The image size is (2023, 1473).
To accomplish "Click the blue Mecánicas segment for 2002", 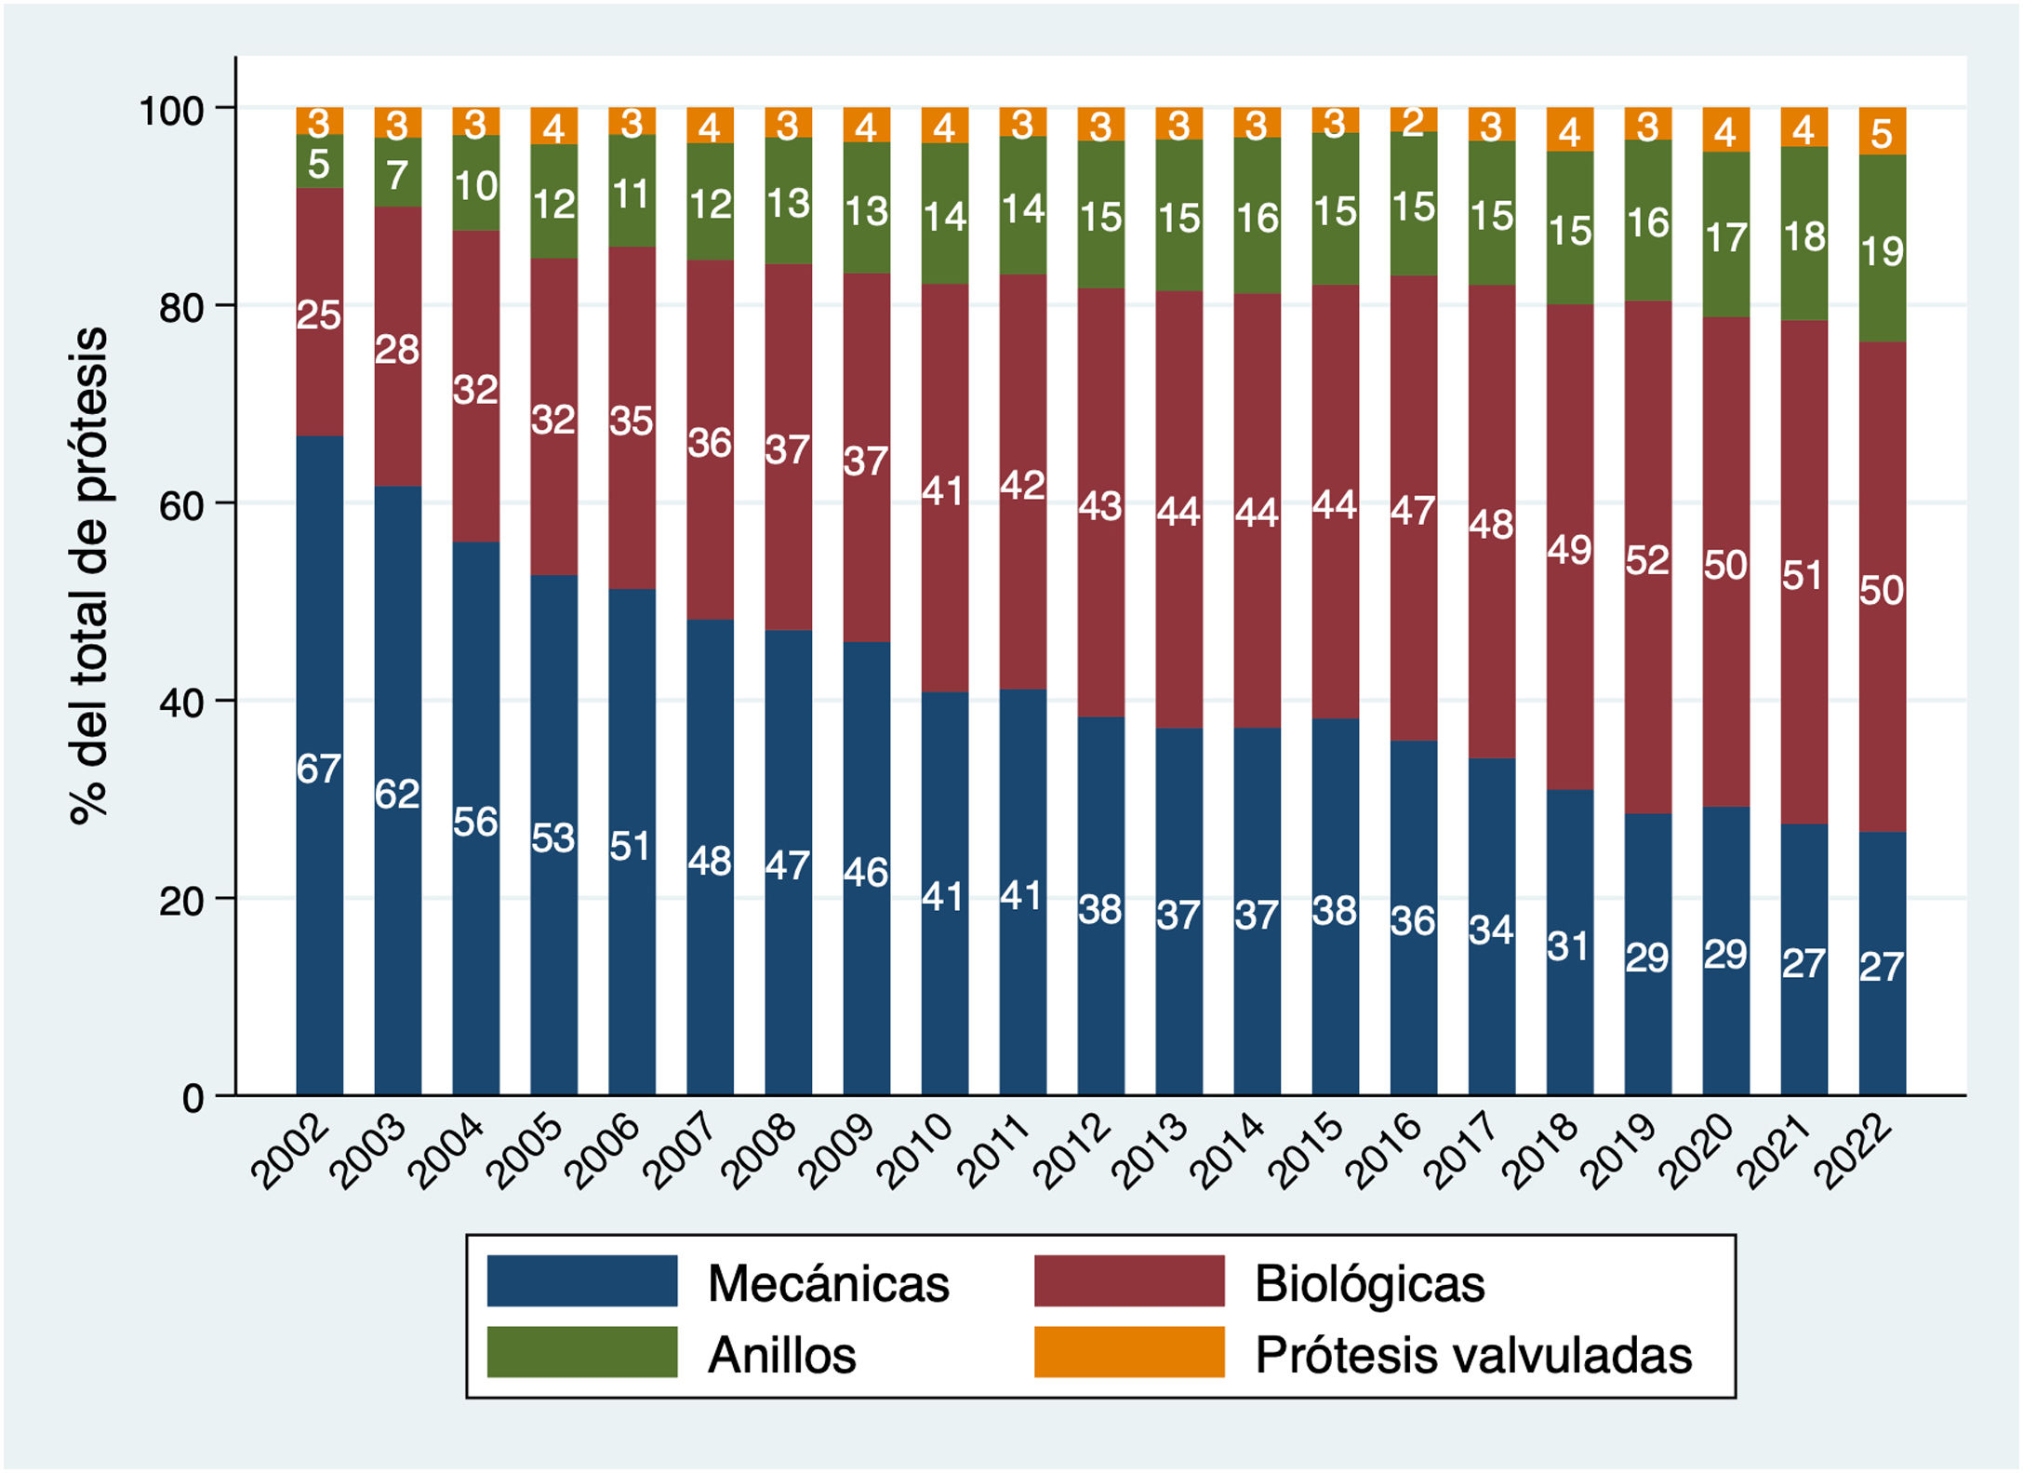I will point(319,884).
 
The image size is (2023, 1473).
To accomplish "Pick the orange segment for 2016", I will point(1413,120).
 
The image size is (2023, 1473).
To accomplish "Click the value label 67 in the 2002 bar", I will point(319,769).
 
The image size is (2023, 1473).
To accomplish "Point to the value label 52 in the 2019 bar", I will point(1647,560).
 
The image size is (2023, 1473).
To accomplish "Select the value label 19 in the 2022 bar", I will point(1882,251).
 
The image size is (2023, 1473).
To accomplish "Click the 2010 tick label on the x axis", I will point(917,1152).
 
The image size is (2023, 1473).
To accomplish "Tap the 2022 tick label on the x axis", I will point(1855,1152).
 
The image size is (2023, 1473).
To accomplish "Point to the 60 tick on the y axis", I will point(181,504).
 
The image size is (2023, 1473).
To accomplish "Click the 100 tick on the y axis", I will point(171,110).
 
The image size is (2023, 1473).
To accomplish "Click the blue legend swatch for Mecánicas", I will point(582,1281).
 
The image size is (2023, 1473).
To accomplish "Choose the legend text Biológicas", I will point(1369,1283).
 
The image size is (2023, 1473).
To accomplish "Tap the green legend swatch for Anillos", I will point(582,1352).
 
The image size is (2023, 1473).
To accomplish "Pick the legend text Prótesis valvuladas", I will point(1473,1355).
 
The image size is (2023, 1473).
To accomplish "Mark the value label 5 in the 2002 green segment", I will point(319,165).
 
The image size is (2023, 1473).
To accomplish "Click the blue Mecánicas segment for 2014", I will point(1257,977).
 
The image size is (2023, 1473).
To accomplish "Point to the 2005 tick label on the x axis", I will point(526,1152).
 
